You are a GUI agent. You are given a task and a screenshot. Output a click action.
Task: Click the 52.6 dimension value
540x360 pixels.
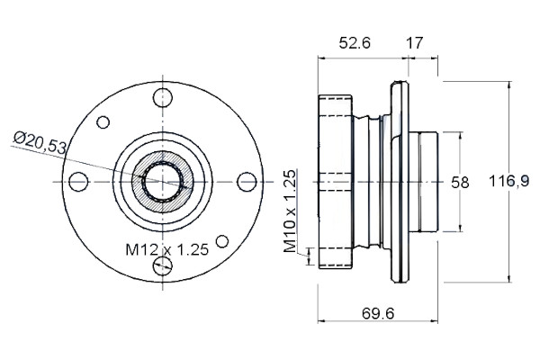point(355,43)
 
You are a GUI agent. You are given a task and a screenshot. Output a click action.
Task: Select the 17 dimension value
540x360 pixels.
point(414,43)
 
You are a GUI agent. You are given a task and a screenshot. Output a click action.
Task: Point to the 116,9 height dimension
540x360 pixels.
point(509,181)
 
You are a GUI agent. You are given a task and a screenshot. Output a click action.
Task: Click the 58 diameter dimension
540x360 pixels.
point(460,183)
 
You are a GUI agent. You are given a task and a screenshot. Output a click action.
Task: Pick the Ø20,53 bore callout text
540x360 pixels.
point(40,141)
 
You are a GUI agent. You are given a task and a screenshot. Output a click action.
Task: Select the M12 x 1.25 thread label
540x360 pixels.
point(167,249)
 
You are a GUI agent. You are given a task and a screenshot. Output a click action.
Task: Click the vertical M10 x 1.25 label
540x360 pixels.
point(290,211)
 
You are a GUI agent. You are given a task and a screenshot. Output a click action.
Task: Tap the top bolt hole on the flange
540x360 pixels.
point(163,98)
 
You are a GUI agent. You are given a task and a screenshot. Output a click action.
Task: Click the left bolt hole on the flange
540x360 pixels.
point(78,182)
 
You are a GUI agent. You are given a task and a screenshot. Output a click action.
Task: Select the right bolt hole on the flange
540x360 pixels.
point(247,182)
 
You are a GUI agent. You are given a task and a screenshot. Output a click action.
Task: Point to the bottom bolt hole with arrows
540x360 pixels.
point(163,265)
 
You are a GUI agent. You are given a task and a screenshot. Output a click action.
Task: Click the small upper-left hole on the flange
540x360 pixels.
point(103,122)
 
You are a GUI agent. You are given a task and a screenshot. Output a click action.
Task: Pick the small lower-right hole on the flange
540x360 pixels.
point(222,241)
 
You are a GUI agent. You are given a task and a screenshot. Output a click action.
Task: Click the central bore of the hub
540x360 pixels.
point(163,182)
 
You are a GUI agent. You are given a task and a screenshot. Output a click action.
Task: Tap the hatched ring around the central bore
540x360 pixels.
point(137,182)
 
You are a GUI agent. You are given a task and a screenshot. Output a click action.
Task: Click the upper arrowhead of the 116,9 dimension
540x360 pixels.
point(509,85)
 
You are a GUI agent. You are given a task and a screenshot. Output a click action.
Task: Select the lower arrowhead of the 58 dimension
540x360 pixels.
point(461,228)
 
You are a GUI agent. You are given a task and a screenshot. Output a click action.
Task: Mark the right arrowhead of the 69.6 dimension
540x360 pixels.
point(435,321)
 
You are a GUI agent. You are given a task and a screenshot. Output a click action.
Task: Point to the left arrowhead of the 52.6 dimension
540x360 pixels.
point(321,58)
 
